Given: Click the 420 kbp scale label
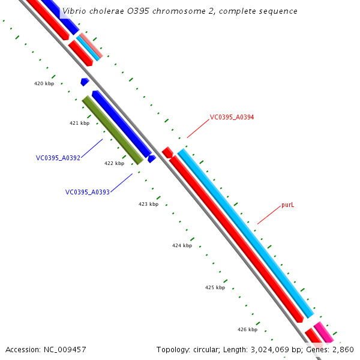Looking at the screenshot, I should tap(44, 84).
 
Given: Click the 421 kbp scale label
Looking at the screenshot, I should tap(79, 123).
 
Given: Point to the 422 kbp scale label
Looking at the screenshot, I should tap(114, 163).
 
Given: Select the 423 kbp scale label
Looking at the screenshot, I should tap(148, 204).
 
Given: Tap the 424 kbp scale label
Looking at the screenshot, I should tap(182, 245).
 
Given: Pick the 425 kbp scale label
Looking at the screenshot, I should tap(215, 287).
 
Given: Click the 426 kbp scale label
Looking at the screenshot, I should tap(247, 329).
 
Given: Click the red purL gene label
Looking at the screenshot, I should tap(288, 205).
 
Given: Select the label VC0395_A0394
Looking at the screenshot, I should tap(232, 118).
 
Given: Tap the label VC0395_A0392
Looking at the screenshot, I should tap(58, 158).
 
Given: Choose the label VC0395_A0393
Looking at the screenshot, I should tap(88, 193).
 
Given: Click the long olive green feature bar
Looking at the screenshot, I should tap(112, 130).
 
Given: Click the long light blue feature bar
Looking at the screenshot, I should tap(245, 233).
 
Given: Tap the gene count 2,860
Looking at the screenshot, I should tap(344, 350).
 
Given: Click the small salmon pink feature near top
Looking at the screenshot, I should tap(91, 46).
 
